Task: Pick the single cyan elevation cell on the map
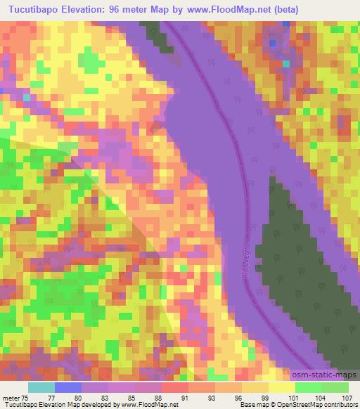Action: (x=285, y=64)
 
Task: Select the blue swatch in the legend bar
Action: (x=68, y=387)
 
